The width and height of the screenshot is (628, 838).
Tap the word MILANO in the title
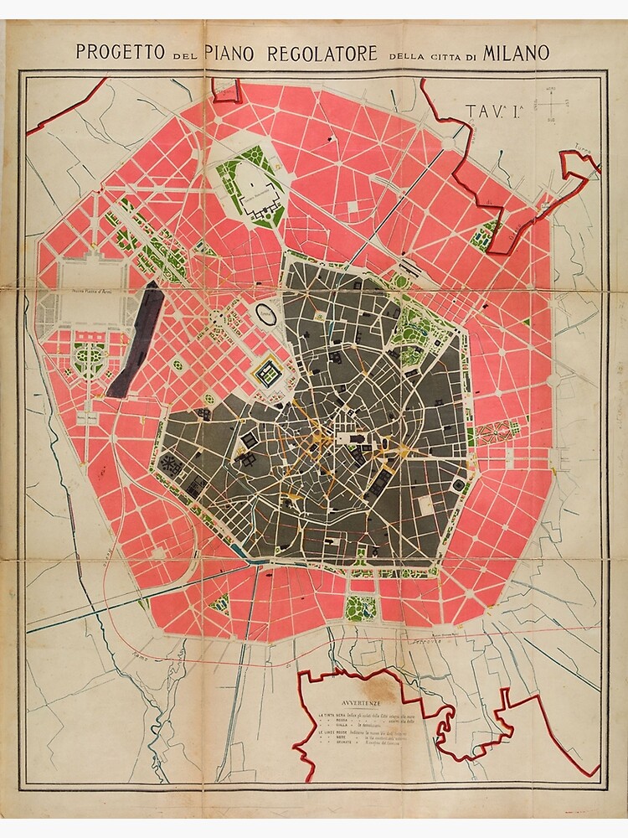pyautogui.click(x=516, y=51)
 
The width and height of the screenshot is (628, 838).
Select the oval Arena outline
pyautogui.click(x=267, y=316)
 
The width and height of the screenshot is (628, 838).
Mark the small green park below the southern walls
pyautogui.click(x=360, y=606)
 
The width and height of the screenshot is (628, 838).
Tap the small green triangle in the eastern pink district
pyautogui.click(x=526, y=323)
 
